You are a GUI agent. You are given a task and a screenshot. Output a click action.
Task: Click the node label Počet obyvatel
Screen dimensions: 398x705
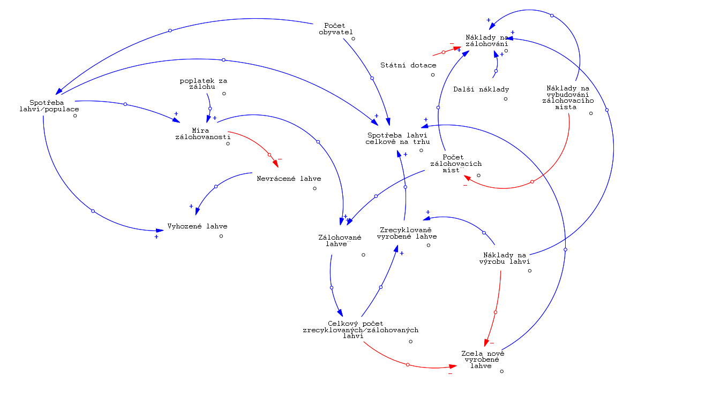click(x=335, y=28)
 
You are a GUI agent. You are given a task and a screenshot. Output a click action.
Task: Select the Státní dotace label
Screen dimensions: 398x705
click(x=408, y=65)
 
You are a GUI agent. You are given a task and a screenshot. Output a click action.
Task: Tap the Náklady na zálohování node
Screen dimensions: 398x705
click(x=486, y=41)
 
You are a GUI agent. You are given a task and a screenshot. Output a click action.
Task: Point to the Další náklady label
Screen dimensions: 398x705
click(x=481, y=89)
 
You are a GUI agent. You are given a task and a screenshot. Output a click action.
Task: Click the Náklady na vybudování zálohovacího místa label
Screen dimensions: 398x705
click(x=567, y=97)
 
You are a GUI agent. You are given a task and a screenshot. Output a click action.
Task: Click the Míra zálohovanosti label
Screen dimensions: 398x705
click(x=202, y=133)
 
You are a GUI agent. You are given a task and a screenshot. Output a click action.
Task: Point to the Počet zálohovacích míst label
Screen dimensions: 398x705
click(x=455, y=164)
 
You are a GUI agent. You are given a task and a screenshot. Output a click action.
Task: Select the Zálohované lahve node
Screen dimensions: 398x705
click(x=340, y=241)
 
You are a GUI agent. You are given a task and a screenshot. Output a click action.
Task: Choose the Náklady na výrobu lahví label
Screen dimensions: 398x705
click(x=505, y=258)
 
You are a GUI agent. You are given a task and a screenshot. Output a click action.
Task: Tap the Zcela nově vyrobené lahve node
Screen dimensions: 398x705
click(x=483, y=359)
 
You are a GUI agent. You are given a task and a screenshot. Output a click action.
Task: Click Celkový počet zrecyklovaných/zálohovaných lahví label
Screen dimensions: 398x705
click(x=361, y=330)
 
